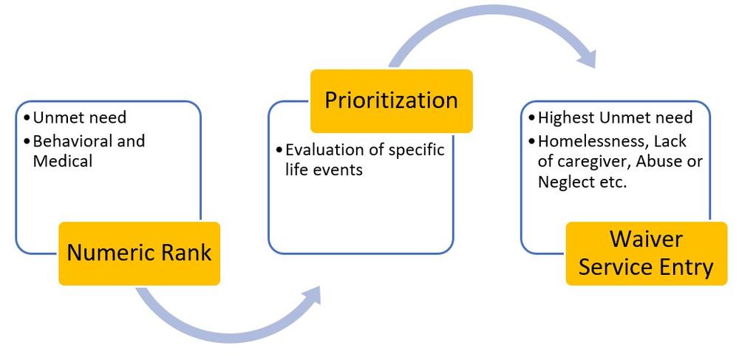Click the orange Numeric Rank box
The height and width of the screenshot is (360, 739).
(139, 253)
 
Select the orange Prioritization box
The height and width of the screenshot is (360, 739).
(391, 101)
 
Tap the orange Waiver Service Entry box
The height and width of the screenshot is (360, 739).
(646, 253)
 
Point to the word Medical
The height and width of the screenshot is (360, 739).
(63, 160)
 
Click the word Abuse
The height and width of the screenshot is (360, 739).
(665, 162)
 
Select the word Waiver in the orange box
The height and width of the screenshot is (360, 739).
(647, 240)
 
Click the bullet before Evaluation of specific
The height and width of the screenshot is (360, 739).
(279, 151)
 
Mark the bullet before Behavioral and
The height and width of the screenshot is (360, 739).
(26, 141)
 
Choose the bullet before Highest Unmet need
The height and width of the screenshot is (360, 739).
(531, 118)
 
